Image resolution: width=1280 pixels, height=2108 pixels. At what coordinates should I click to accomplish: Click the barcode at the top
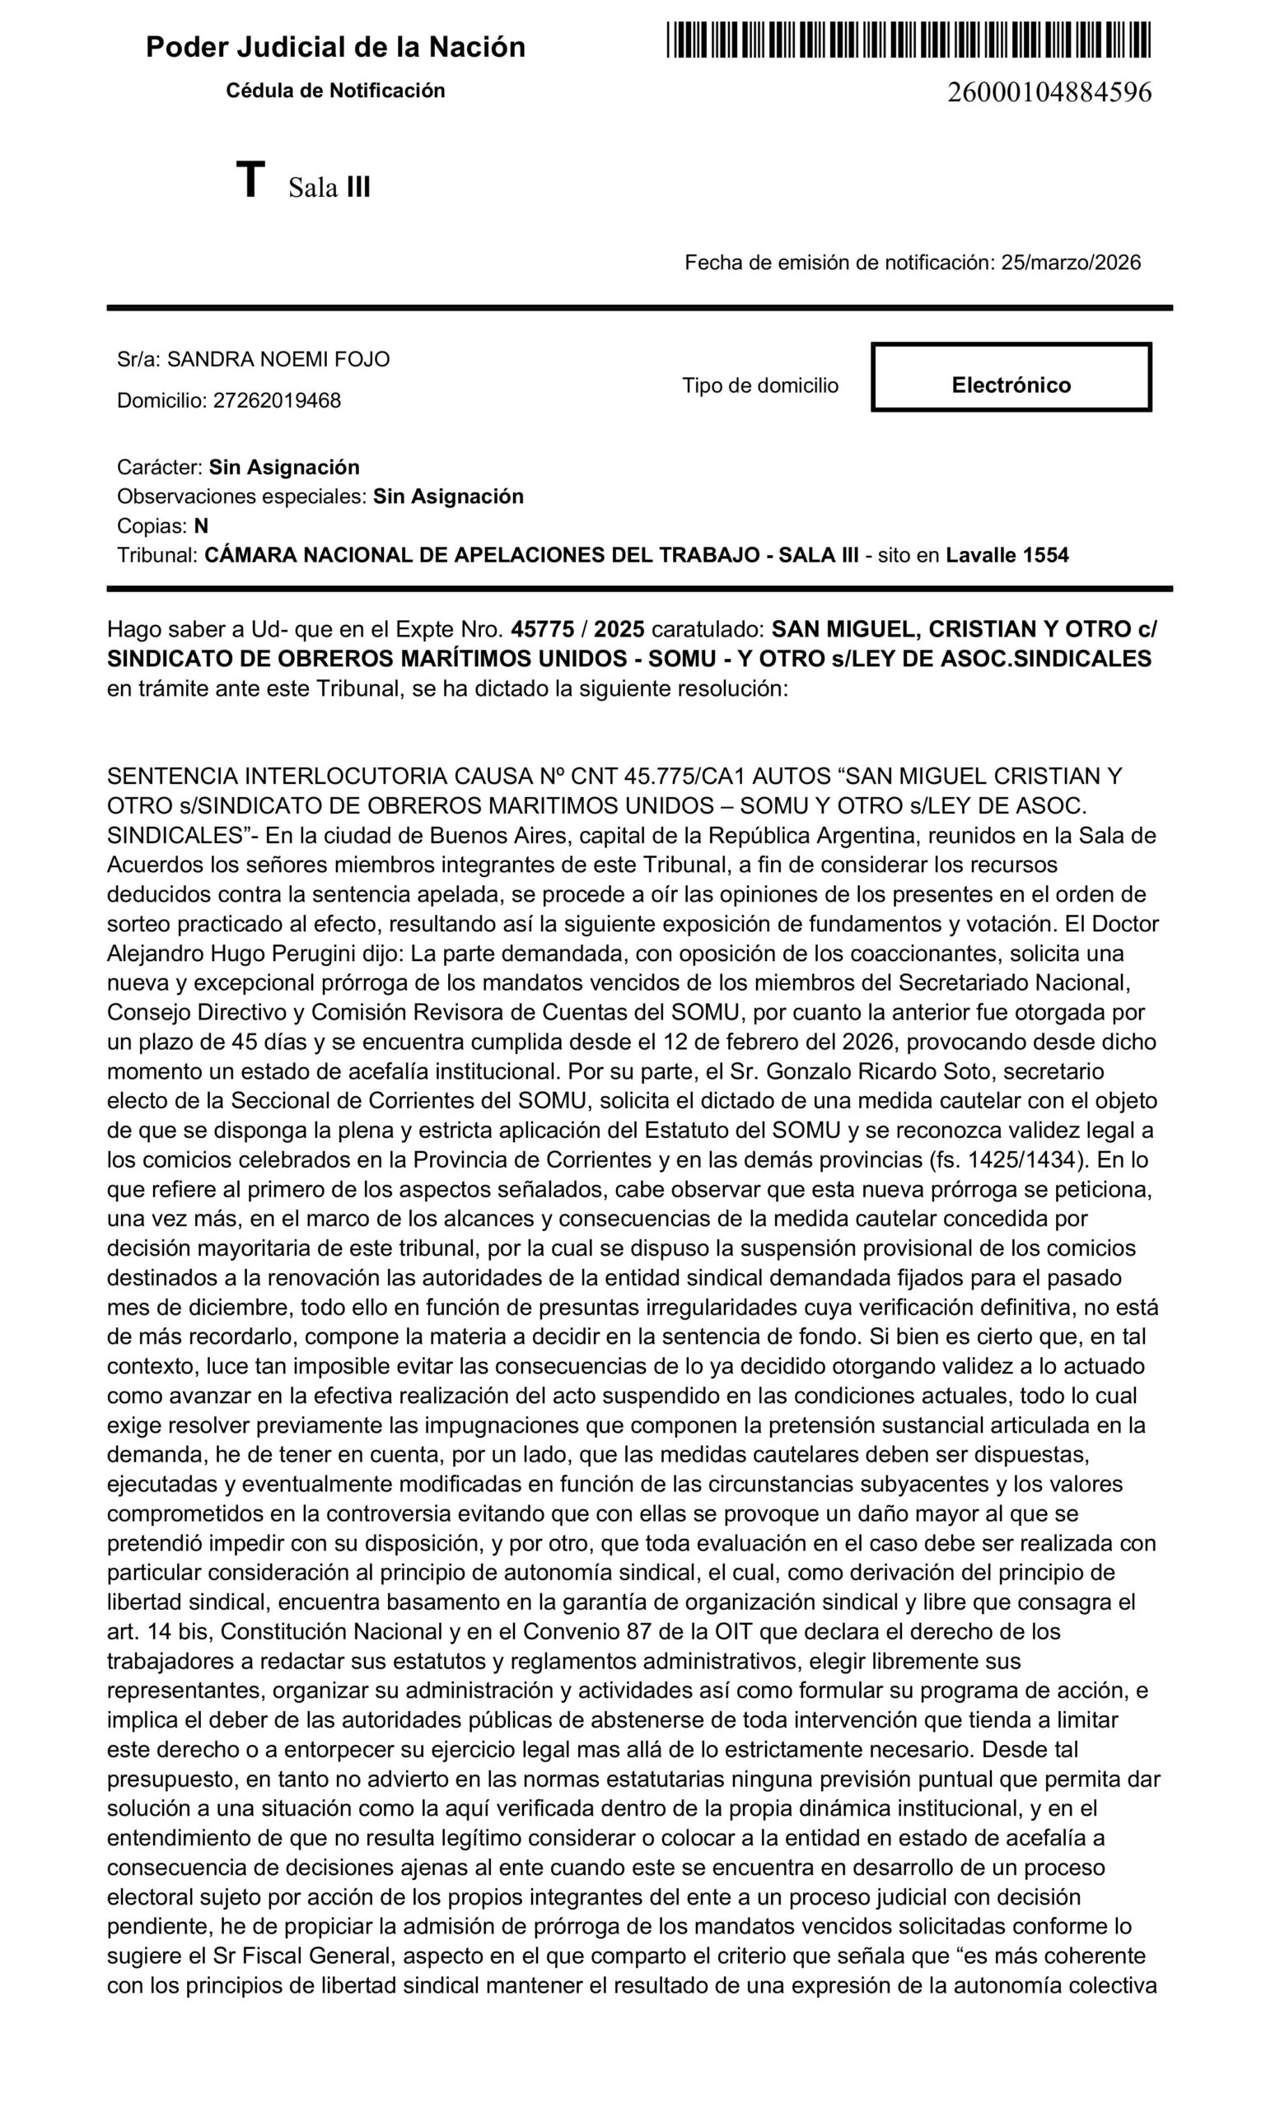coord(907,40)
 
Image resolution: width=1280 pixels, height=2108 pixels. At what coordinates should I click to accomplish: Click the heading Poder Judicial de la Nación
coord(335,47)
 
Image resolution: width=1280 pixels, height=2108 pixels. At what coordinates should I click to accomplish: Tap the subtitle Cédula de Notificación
coord(335,91)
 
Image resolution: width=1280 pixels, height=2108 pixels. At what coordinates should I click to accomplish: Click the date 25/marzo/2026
coord(1071,263)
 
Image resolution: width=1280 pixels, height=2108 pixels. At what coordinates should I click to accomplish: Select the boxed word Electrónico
coord(1011,385)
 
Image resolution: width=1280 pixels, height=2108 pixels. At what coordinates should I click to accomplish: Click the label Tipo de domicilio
coord(759,386)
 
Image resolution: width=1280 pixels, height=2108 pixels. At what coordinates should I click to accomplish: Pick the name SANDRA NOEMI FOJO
coord(278,359)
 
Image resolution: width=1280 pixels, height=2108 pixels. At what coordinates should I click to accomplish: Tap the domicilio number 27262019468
coord(277,400)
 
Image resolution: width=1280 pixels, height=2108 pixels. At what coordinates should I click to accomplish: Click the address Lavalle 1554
coord(1007,555)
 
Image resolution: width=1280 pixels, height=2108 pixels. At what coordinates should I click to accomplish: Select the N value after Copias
coord(201,526)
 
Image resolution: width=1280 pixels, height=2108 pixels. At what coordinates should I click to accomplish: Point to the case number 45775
coord(542,630)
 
